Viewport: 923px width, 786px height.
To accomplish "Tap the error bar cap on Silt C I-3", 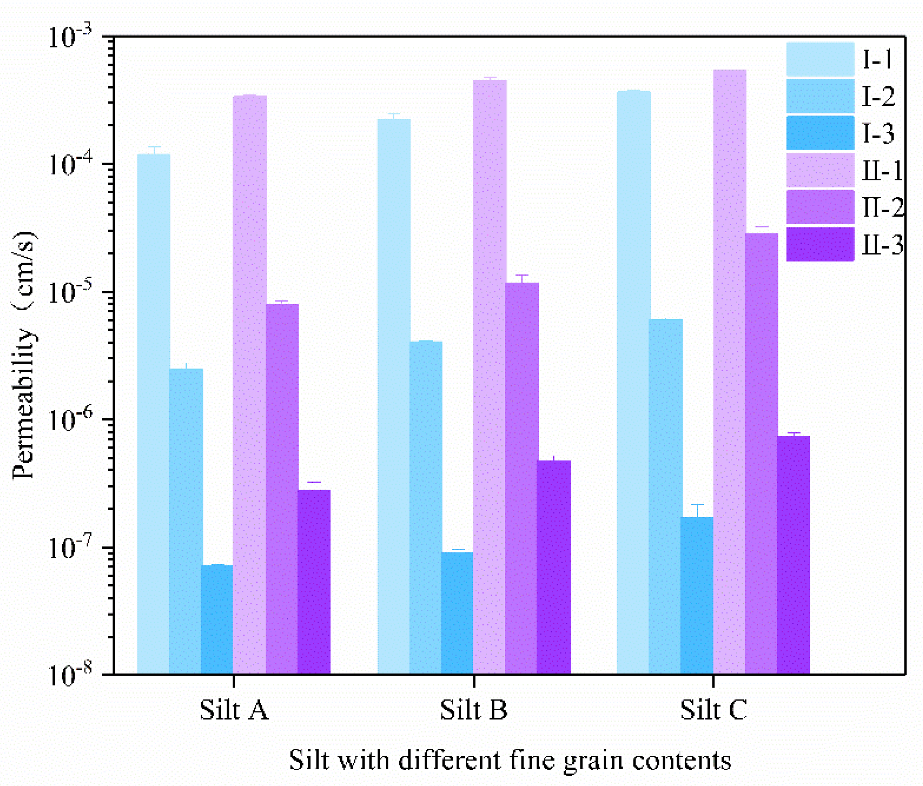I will (697, 505).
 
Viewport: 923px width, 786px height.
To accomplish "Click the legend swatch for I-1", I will (819, 59).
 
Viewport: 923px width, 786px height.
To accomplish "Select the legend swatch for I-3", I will (819, 133).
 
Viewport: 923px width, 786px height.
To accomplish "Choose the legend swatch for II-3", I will (819, 244).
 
